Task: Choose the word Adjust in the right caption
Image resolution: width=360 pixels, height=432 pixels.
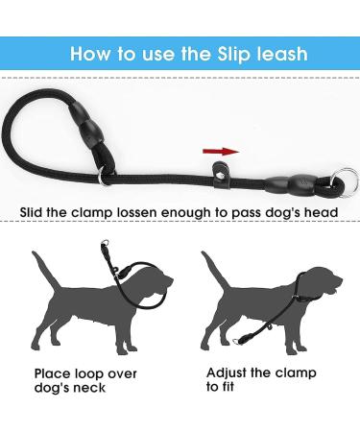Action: click(x=228, y=372)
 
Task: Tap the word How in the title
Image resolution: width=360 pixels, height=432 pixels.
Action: click(x=92, y=54)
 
